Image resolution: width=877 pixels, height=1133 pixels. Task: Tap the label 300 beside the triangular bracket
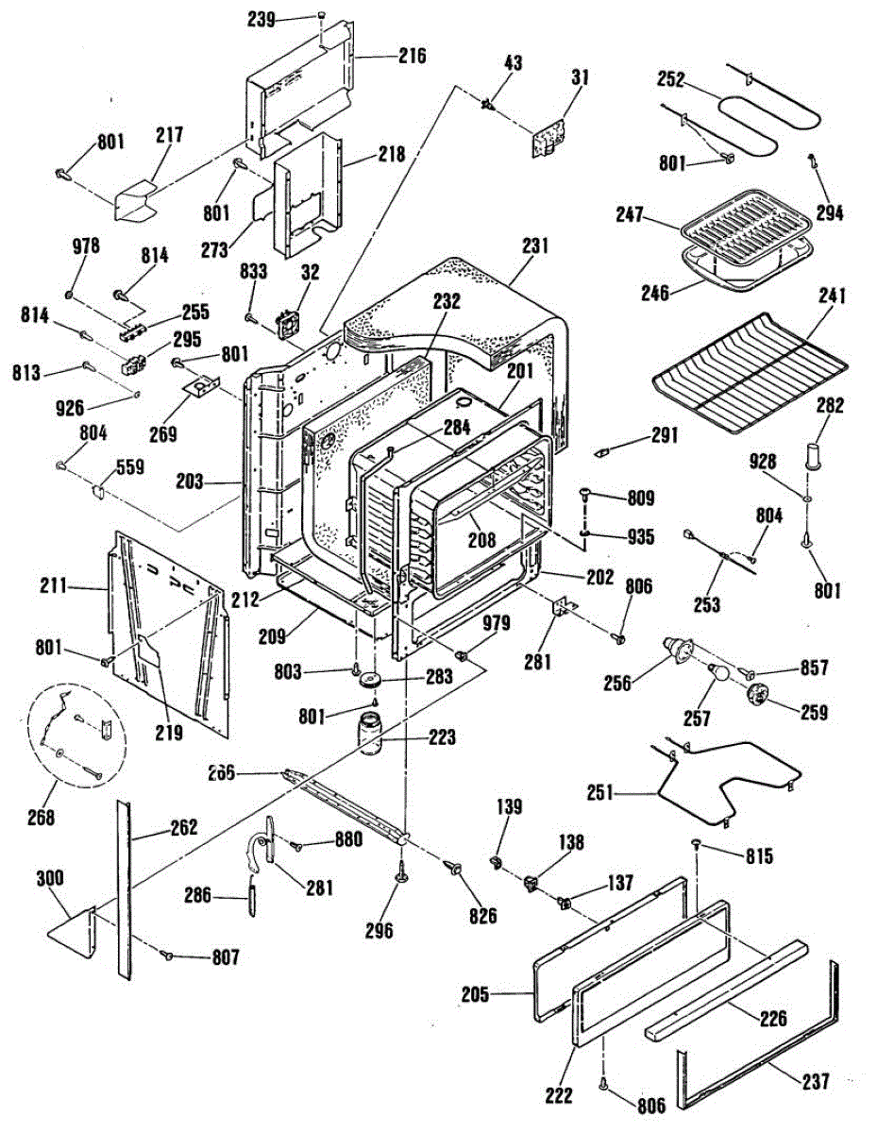click(x=50, y=878)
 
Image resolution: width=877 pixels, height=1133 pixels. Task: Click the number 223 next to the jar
click(x=440, y=736)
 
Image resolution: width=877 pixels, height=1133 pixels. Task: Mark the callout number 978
click(x=86, y=247)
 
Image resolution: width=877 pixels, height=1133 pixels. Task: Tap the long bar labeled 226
click(x=727, y=991)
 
